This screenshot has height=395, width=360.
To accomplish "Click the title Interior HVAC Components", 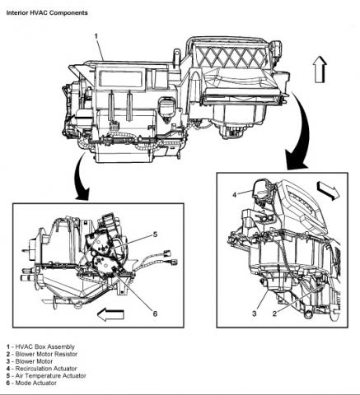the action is point(47,13).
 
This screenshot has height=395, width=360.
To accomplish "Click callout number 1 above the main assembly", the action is point(96,36).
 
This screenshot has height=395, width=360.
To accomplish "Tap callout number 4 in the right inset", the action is point(234,195).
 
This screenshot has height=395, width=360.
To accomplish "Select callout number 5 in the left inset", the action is point(155,235).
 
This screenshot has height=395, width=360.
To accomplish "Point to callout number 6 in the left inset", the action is point(155,314).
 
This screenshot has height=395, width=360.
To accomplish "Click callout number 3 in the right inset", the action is point(255,314).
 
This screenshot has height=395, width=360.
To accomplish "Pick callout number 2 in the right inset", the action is point(274,314).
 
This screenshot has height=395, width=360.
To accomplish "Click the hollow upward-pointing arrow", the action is point(320,69).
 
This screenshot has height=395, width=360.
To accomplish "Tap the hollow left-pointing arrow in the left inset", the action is point(110,314).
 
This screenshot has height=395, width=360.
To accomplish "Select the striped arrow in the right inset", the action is point(328,191).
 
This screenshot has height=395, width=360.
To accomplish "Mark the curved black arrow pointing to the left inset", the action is point(80,179).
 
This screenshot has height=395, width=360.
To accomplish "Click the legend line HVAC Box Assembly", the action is point(40,347).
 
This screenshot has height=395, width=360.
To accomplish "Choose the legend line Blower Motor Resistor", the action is point(42,354).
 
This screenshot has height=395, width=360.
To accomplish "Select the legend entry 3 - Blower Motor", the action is point(30,361).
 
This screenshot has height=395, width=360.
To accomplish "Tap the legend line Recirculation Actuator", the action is point(42,369).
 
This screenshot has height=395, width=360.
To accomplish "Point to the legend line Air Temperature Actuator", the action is point(46,375).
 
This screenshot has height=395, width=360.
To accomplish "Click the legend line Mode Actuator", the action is point(31,383).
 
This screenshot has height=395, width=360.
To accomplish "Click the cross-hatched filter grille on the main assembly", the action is point(232,57).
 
